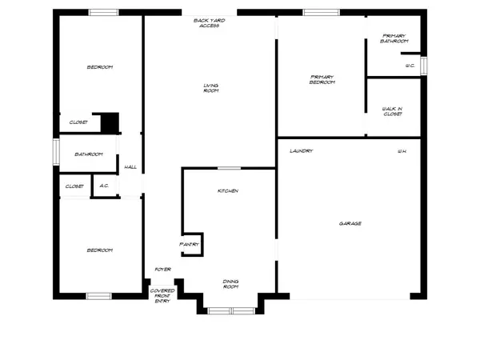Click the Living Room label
(211, 88)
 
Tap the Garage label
(350, 223)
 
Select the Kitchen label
(228, 190)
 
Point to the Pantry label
(189, 244)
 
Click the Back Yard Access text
(210, 23)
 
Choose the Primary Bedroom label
(322, 79)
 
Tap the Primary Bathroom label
(394, 38)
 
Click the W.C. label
(410, 66)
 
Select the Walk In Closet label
(392, 111)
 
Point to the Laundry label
(302, 151)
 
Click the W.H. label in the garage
(402, 151)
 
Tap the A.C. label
(104, 186)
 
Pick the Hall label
(130, 167)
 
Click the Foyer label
(163, 270)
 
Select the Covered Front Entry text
(162, 296)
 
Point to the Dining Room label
(231, 284)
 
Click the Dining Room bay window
(231, 311)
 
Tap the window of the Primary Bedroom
(321, 12)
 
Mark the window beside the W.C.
(424, 66)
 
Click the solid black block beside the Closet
(110, 123)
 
